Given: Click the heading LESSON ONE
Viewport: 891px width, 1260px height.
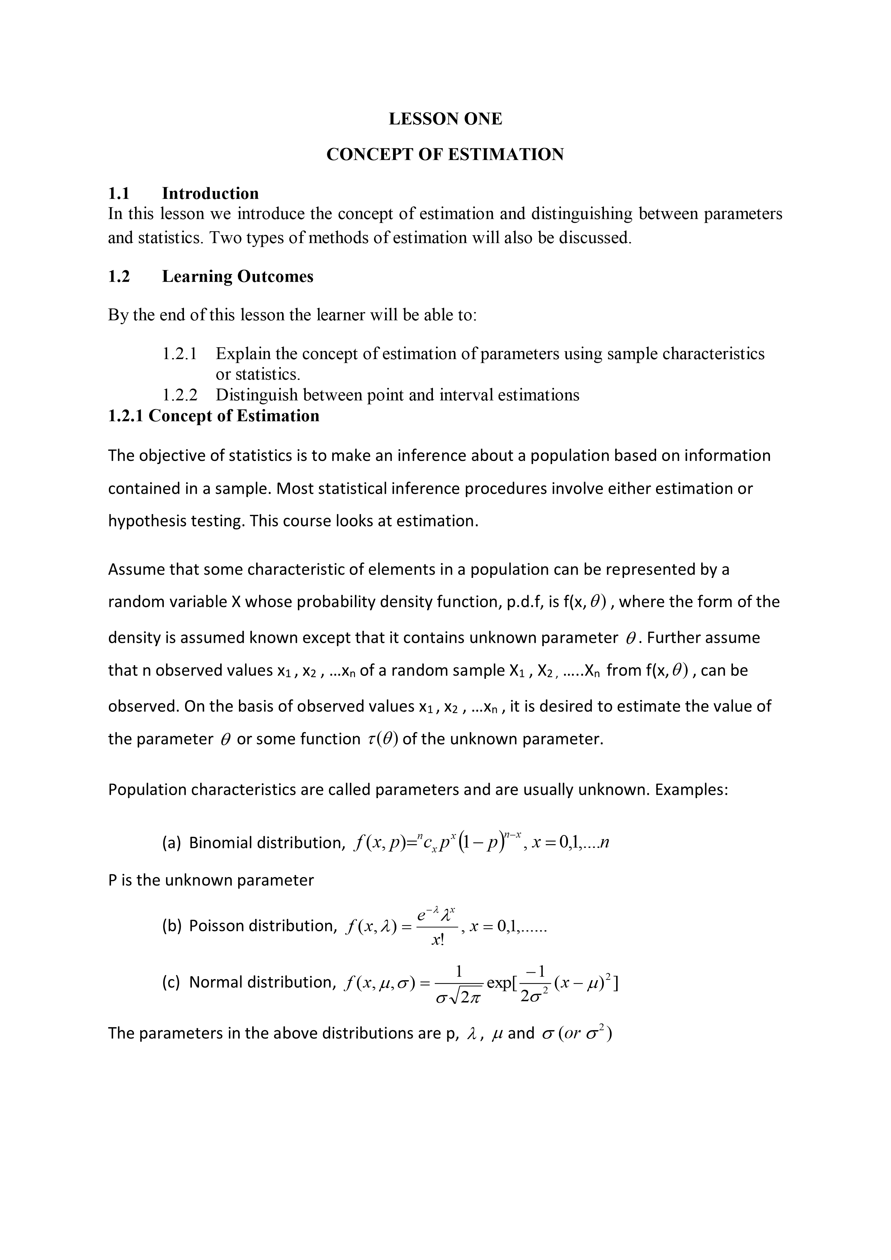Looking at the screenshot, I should [445, 119].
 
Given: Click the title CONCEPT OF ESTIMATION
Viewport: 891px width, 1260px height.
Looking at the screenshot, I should [445, 155].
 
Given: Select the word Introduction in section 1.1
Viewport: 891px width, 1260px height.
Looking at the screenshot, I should [210, 193].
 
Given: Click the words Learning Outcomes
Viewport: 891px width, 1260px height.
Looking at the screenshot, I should [238, 276].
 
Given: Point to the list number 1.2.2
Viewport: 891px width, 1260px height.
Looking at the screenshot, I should [180, 395].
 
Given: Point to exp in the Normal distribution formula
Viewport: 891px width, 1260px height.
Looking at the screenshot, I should [498, 983].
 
